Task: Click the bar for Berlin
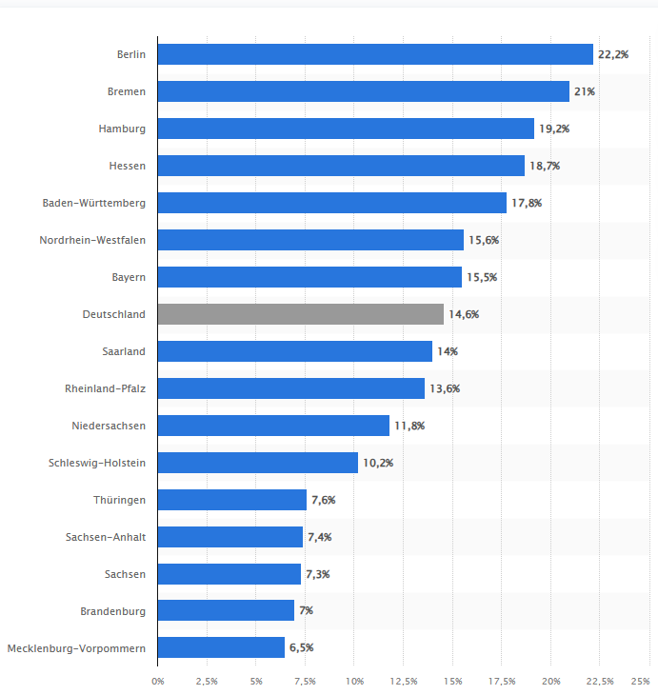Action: coord(375,54)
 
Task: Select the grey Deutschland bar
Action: coord(301,314)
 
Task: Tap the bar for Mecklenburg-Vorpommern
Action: coord(221,647)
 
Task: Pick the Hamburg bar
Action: coord(346,129)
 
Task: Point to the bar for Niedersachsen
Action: coord(273,426)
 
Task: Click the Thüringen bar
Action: coord(232,500)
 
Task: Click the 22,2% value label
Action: coord(613,54)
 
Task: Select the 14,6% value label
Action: coord(464,314)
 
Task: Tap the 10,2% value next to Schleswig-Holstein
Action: coord(377,463)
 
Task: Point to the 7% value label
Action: coord(306,610)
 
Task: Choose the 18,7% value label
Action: coord(545,166)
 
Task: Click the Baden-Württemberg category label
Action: coord(94,203)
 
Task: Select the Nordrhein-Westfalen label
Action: coord(92,240)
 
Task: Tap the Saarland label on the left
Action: coord(124,351)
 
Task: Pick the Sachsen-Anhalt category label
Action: coord(106,537)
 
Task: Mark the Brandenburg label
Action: coord(114,610)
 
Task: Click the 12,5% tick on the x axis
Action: coord(404,681)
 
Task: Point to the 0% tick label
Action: coord(158,681)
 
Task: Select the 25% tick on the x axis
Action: coord(641,681)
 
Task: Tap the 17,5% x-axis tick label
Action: coord(502,681)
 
